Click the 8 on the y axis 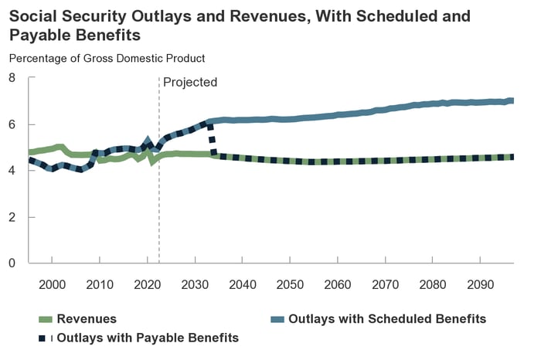point(12,78)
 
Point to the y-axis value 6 point(12,124)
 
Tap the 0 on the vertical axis point(12,263)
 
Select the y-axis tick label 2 point(12,217)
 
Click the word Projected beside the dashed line point(190,83)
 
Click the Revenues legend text point(87,318)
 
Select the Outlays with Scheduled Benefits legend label point(387,318)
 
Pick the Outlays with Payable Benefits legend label point(148,338)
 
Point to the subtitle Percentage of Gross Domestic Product point(107,58)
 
